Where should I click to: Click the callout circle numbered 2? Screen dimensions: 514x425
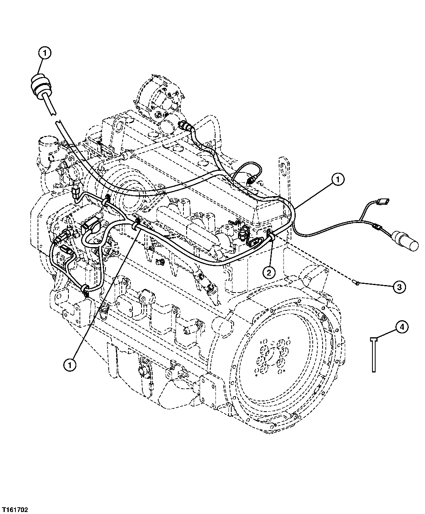click(x=268, y=272)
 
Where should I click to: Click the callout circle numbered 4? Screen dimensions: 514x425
click(x=401, y=327)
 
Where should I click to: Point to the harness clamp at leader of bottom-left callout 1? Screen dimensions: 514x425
click(x=135, y=225)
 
